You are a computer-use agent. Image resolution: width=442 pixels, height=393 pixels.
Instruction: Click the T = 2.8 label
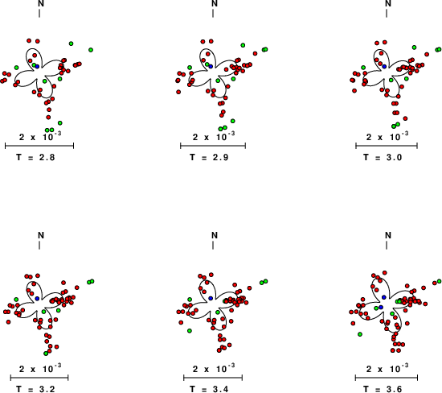click(35, 157)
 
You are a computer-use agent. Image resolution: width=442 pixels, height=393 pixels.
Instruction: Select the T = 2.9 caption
click(209, 157)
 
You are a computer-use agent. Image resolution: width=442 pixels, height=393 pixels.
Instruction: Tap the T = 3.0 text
click(383, 157)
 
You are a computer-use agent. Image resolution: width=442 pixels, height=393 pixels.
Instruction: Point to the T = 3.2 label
click(35, 389)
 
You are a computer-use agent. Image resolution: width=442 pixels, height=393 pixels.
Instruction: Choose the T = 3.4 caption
click(209, 389)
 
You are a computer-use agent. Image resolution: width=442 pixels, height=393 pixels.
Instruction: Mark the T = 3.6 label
click(383, 389)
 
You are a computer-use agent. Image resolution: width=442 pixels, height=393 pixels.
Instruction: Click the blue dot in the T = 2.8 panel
click(37, 66)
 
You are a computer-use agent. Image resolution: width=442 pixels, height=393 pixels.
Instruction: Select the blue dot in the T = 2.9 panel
click(211, 66)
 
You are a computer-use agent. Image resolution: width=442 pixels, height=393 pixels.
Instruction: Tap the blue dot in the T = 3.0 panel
click(384, 66)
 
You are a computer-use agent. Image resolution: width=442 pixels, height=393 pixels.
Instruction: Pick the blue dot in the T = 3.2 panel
click(37, 298)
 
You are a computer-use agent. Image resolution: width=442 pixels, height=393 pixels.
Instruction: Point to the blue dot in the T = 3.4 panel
click(211, 298)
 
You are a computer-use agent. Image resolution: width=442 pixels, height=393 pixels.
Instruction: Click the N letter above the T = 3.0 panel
click(388, 3)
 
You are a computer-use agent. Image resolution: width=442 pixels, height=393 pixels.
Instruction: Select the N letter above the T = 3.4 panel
click(215, 235)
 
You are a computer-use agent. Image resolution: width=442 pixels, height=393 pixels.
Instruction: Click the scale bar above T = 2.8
click(39, 146)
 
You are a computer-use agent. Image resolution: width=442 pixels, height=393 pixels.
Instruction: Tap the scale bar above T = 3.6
click(387, 378)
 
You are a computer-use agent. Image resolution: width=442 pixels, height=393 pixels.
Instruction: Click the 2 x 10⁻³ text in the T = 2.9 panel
click(214, 136)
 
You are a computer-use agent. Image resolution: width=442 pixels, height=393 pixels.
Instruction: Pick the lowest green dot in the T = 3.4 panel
click(190, 330)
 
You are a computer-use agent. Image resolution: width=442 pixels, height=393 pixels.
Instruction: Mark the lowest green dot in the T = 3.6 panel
click(360, 334)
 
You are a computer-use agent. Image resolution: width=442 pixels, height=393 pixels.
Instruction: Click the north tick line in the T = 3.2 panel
click(39, 246)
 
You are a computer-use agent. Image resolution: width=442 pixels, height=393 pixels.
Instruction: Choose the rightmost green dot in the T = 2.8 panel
click(91, 50)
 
